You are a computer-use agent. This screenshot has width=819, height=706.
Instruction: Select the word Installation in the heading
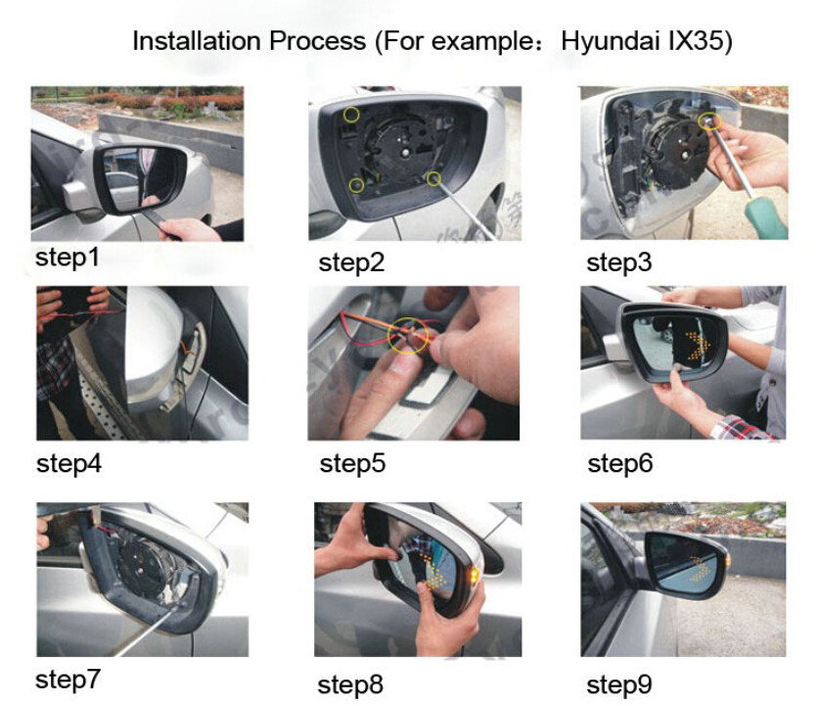click(x=197, y=40)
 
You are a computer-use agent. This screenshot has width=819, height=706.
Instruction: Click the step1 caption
click(x=67, y=258)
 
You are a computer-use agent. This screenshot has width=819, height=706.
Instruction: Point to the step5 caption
click(x=352, y=463)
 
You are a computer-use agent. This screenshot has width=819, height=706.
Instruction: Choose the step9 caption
click(x=619, y=684)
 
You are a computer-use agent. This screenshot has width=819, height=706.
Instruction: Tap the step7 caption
click(x=68, y=680)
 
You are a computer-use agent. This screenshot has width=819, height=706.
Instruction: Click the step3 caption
click(x=619, y=262)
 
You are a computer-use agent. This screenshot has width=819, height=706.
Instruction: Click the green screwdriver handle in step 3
click(x=768, y=215)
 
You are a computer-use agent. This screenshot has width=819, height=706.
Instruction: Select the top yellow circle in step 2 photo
click(x=351, y=115)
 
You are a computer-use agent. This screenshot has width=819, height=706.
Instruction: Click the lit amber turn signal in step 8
click(x=475, y=576)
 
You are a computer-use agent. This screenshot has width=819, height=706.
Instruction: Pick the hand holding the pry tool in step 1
click(x=189, y=229)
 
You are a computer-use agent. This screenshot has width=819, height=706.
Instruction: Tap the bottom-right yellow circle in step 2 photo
click(x=433, y=179)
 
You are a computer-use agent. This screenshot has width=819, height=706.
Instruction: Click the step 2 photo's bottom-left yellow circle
click(x=357, y=185)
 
